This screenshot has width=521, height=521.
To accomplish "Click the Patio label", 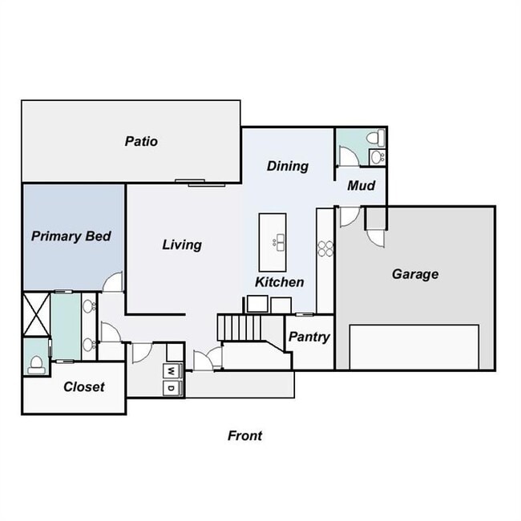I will coord(141,142).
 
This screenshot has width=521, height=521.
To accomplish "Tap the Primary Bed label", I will coord(71,236).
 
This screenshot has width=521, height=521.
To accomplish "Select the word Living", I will coord(182,244).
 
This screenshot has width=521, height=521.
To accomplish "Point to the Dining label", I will coord(287,166).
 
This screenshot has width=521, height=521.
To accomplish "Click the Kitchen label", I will coord(279,282).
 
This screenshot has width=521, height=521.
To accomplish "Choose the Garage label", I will coord(414,274).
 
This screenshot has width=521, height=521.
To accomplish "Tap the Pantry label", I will coord(309,337).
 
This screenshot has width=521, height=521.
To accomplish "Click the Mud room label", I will coord(360,186).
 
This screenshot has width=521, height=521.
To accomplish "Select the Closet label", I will coord(83,386).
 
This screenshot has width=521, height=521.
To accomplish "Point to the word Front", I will coord(244,436).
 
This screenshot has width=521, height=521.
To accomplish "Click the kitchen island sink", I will coord(280,240).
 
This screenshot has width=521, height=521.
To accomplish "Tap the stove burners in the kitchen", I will coord(325,248).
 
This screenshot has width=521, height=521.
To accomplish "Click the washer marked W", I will coord(172,371).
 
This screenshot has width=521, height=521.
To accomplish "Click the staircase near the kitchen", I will coord(239,327).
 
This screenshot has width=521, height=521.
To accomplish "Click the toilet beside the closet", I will coord(35,365).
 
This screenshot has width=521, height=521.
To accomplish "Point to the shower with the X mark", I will coord(36,314).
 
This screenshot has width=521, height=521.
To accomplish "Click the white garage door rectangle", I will coord(414,346).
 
